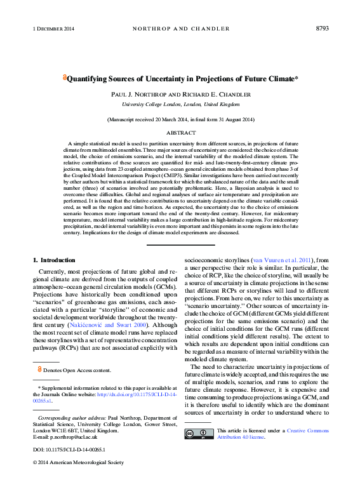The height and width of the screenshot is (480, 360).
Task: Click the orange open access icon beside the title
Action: [63, 77]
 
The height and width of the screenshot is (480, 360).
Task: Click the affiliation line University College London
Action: [180, 103]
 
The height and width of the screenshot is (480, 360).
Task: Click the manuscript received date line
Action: [180, 119]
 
